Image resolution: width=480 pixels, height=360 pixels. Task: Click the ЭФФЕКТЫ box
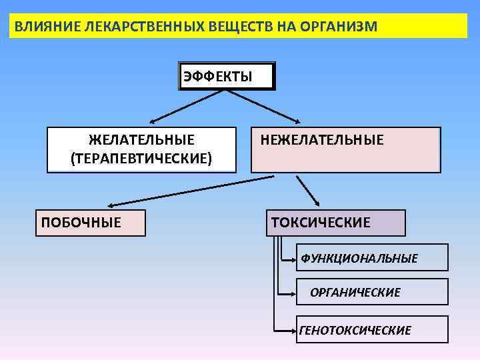coord(227,76)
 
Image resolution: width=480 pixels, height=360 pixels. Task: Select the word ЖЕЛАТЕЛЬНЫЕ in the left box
coord(141,140)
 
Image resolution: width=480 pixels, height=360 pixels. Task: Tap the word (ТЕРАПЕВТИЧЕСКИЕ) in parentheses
coord(141,158)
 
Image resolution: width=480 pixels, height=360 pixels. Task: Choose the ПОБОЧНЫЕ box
coord(90,223)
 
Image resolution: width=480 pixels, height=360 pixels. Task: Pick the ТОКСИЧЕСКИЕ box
coord(336,223)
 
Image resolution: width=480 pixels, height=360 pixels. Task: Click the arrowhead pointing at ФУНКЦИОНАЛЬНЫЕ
coord(294,257)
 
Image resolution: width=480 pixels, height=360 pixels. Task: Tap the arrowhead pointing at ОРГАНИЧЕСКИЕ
coord(294,292)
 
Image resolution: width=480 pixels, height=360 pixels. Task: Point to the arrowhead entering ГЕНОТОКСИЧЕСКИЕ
coord(294,329)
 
